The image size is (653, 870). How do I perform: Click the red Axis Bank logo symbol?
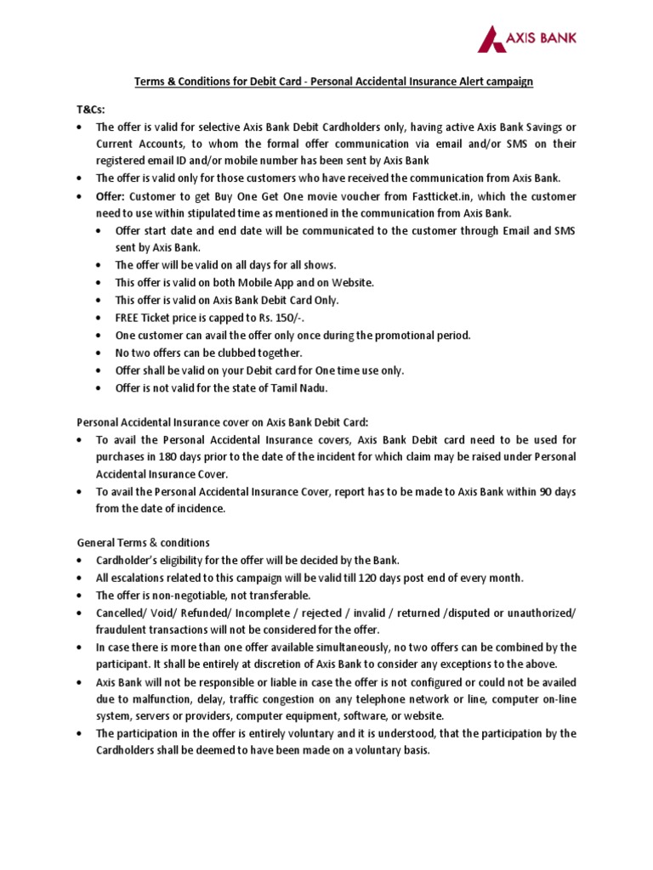pos(491,38)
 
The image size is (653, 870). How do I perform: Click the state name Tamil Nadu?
pos(300,387)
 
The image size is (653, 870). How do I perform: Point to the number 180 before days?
pos(170,457)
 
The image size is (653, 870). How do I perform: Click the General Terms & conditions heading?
pos(143,542)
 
